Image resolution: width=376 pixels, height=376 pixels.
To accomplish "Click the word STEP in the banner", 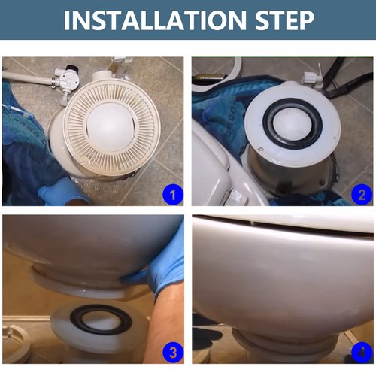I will tap(281, 20).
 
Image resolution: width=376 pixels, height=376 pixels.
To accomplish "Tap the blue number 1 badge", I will tap(173, 196).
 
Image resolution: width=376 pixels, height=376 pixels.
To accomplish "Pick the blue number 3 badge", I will tap(173, 352).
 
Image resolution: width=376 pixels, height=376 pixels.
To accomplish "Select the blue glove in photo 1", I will tap(60, 193).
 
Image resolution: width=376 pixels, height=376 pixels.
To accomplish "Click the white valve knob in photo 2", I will tap(309, 77).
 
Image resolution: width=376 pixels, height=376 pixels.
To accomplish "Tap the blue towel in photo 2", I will tap(214, 105).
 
